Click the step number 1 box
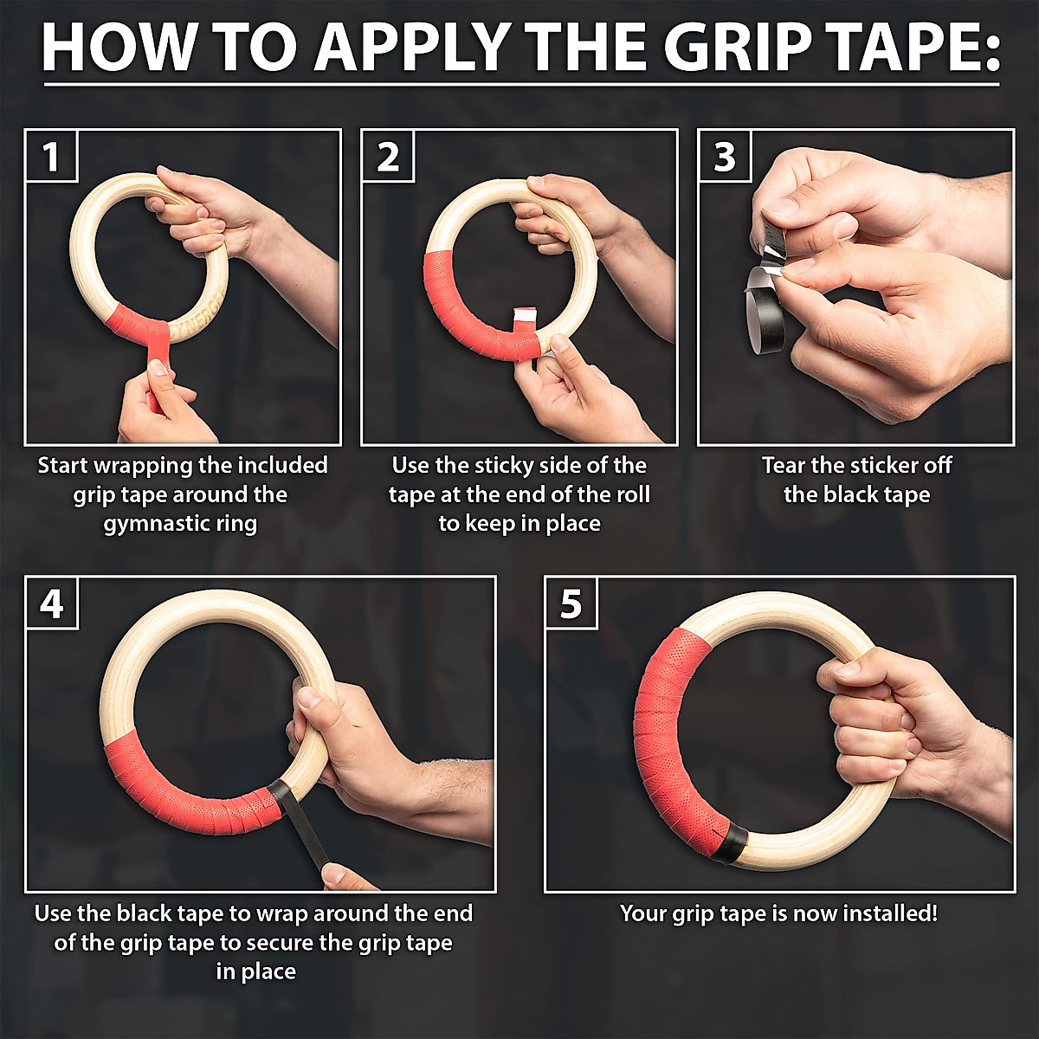pos(51,156)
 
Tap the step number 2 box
pos(387,156)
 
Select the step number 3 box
pos(724,156)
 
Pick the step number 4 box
pos(52,603)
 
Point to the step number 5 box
pos(571,603)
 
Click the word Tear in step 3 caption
pos(784,466)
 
